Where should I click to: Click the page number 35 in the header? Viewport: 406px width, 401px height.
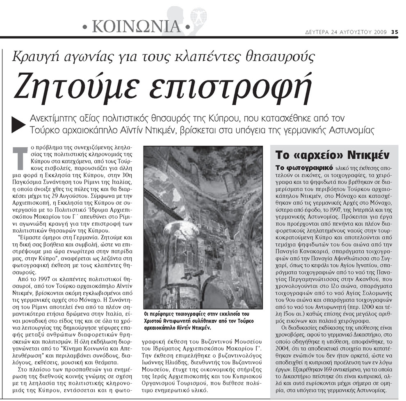click(394, 32)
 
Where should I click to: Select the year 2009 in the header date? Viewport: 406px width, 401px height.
click(380, 32)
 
